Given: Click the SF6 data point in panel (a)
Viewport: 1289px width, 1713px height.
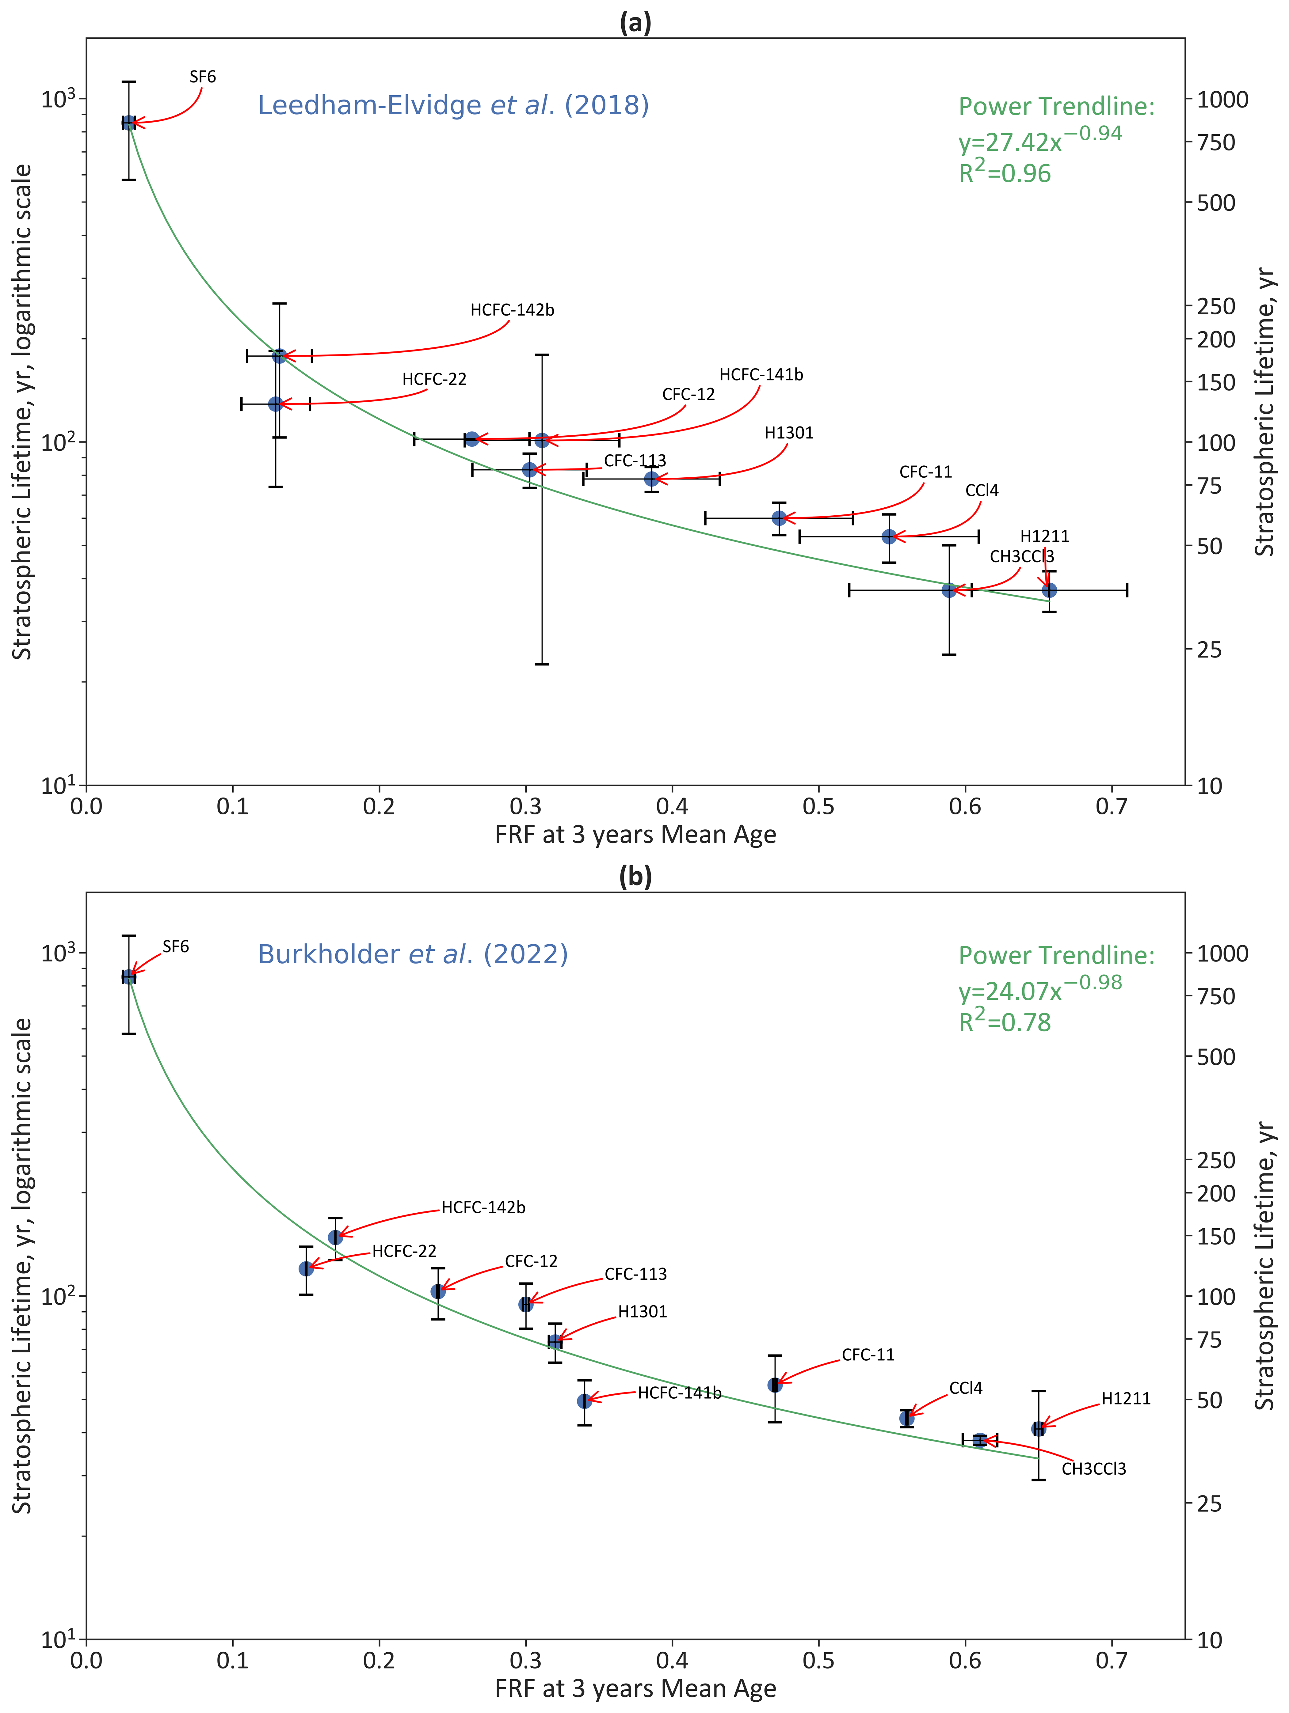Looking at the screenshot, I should [x=128, y=122].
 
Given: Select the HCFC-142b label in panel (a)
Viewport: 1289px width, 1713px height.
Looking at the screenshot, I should [x=512, y=310].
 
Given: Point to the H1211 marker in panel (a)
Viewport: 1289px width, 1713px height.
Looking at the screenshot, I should [x=1049, y=590].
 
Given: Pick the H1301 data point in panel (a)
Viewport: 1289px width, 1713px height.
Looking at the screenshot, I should [x=651, y=479].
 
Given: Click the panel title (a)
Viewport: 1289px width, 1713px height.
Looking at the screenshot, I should [x=635, y=23].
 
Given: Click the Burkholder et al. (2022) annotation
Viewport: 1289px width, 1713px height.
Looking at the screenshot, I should [x=413, y=954].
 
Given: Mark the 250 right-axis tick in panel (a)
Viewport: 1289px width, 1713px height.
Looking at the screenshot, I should [x=1216, y=306].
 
